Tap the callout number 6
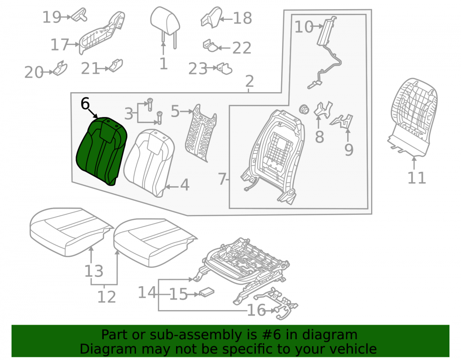click(85, 104)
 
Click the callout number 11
click(417, 178)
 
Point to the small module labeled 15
click(207, 292)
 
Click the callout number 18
click(242, 18)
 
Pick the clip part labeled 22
click(210, 46)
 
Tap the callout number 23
click(198, 69)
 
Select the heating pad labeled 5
click(201, 133)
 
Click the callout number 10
click(304, 27)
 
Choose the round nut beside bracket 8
click(304, 109)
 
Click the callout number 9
click(349, 150)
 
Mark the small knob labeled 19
click(79, 15)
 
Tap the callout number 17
click(59, 45)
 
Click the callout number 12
click(106, 297)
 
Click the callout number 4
click(184, 185)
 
